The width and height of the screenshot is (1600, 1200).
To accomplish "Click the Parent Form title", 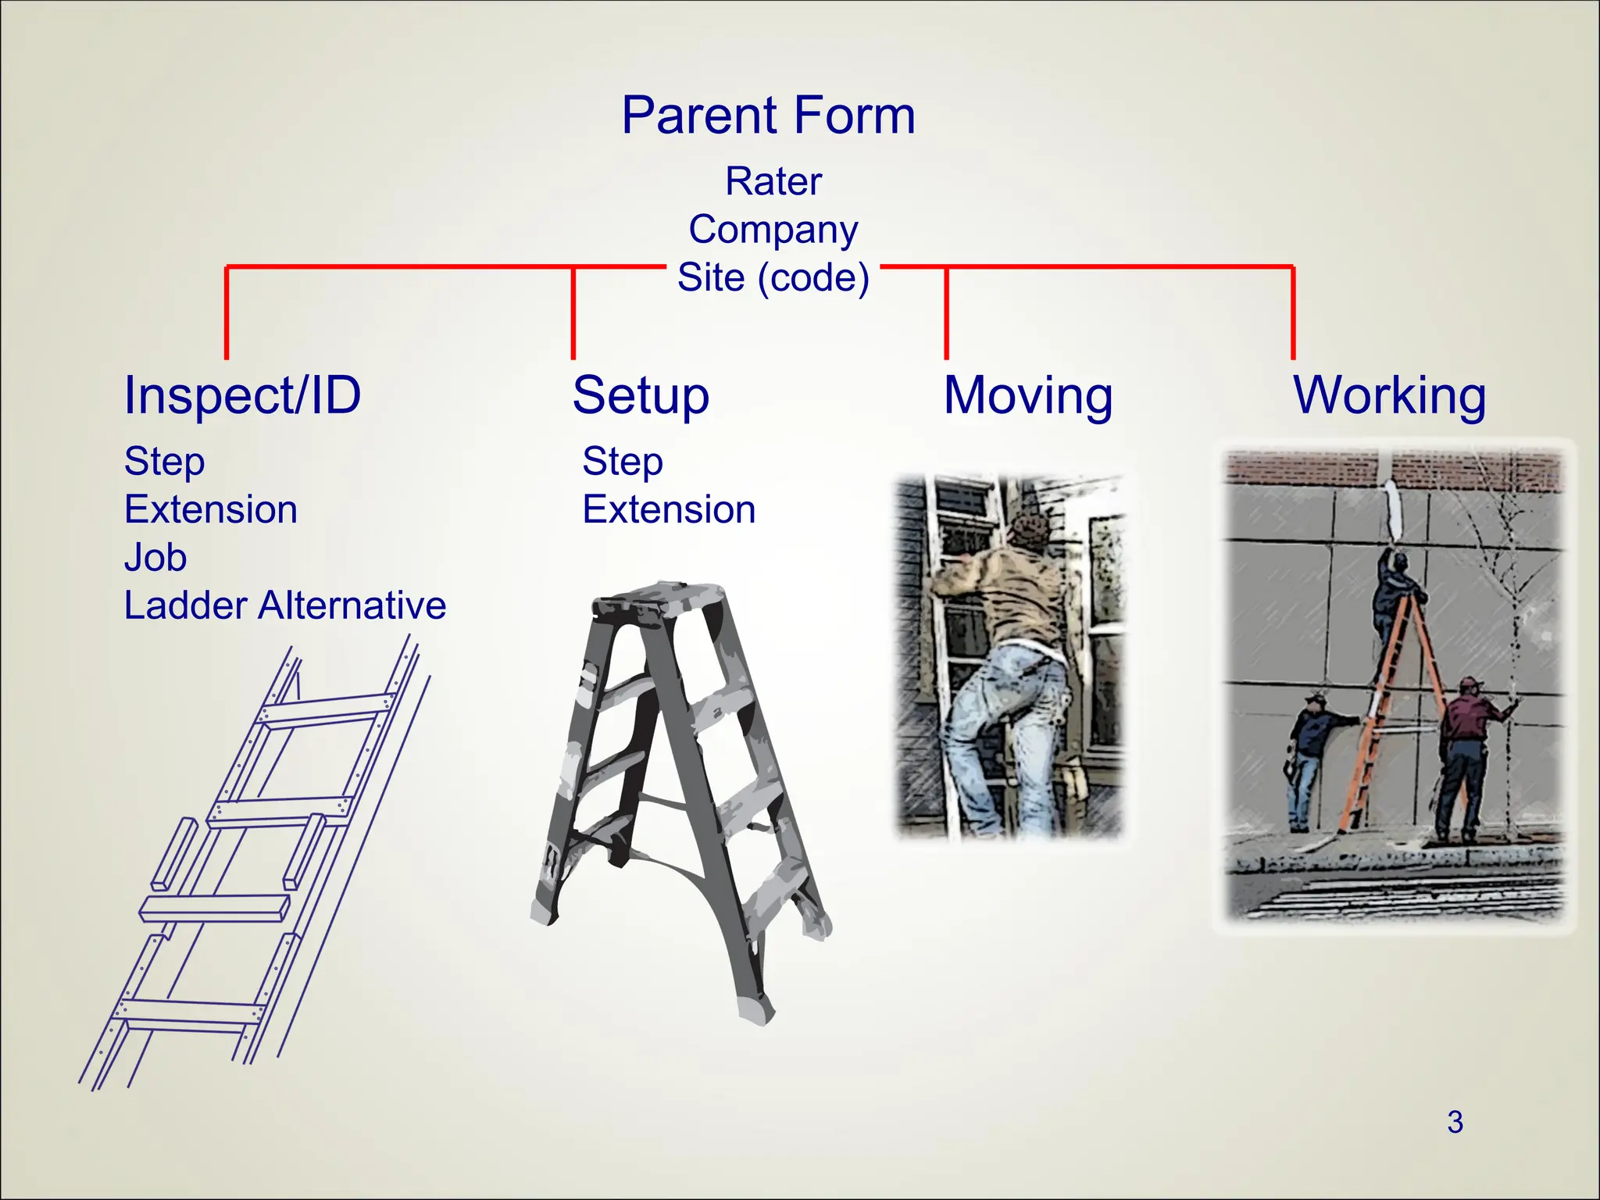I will [768, 116].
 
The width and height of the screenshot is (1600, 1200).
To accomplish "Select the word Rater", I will [773, 181].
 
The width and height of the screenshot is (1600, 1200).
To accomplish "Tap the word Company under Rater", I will [773, 230].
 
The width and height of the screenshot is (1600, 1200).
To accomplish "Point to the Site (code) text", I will [773, 277].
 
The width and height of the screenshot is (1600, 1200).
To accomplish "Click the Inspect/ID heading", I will [242, 395].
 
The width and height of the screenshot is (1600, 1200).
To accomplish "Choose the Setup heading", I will [641, 395].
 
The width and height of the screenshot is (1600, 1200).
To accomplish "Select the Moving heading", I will [1028, 395].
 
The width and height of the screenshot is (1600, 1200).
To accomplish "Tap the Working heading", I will [1389, 395].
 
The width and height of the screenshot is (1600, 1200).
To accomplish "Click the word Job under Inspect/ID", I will [155, 558].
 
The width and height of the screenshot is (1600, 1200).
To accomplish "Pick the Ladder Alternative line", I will [284, 605].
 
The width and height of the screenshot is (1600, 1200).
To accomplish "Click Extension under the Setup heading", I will [669, 509].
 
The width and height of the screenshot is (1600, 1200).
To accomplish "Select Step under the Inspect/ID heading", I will [164, 461].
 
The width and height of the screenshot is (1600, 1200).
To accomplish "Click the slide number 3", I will [1454, 1122].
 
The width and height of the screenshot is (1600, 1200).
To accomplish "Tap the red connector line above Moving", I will [946, 312].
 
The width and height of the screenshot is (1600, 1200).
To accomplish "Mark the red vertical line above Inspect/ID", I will [227, 312].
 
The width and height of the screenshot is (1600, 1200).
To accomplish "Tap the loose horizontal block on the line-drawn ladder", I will [215, 909].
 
